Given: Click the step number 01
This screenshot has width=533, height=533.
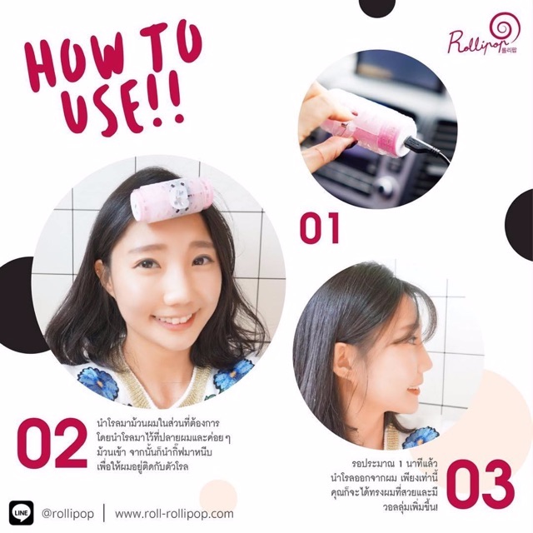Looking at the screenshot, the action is tap(319, 227).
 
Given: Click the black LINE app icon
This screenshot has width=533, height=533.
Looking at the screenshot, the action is tap(22, 513).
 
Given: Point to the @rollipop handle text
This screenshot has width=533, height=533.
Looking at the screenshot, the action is tap(67, 514).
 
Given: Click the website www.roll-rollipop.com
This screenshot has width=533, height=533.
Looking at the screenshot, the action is tap(174, 513).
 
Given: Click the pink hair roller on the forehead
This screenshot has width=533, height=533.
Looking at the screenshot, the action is tap(172, 201).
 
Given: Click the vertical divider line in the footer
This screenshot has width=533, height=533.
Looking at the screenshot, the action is tap(104, 513).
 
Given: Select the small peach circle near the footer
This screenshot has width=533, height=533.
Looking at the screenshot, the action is tap(218, 496).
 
